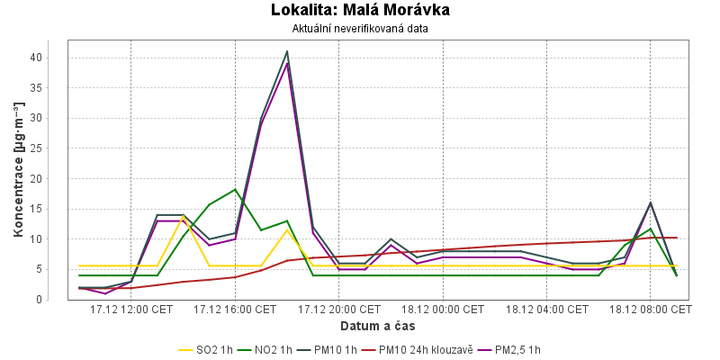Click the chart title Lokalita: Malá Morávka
click(360, 10)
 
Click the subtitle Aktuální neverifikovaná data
click(360, 29)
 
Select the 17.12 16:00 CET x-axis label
click(235, 310)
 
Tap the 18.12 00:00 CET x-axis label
click(443, 310)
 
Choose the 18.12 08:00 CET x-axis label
click(651, 310)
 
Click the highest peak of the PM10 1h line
click(287, 51)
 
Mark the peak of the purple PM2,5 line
click(287, 63)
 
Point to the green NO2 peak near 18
click(235, 190)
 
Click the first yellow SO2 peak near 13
click(184, 217)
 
